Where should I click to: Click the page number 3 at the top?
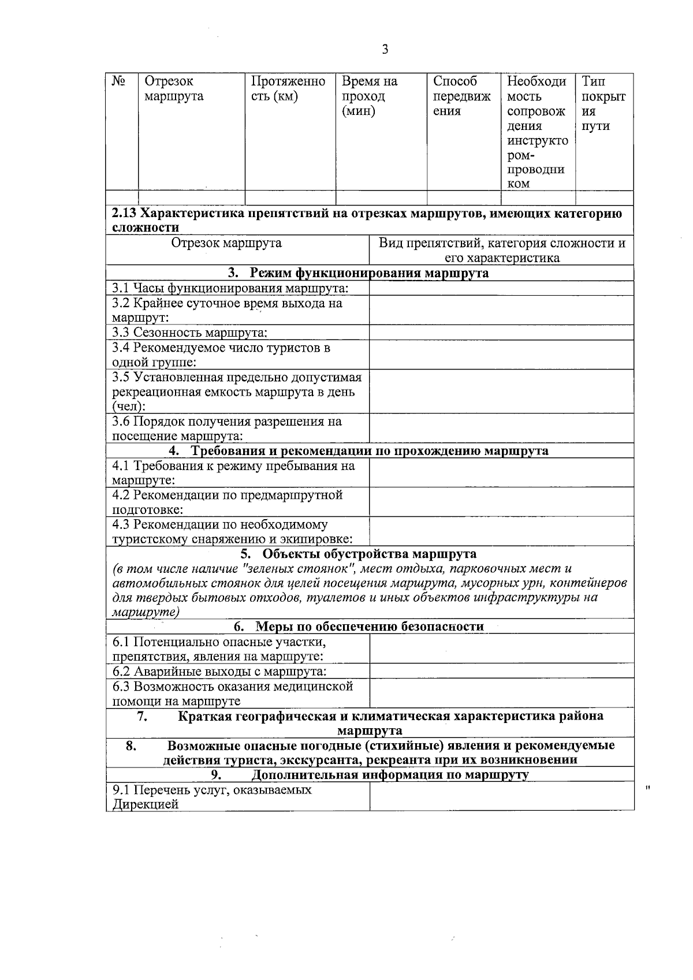pyautogui.click(x=385, y=50)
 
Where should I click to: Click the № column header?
pyautogui.click(x=119, y=81)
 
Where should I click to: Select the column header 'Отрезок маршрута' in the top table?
pyautogui.click(x=174, y=89)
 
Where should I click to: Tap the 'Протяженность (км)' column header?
pyautogui.click(x=288, y=89)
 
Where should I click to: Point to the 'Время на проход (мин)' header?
pyautogui.click(x=370, y=96)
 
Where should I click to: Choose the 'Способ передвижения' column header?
pyautogui.click(x=461, y=96)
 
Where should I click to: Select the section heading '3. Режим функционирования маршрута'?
pyautogui.click(x=358, y=273)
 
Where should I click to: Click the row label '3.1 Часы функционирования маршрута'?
pyautogui.click(x=230, y=288)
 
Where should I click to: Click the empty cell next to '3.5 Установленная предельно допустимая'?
pyautogui.click(x=501, y=392)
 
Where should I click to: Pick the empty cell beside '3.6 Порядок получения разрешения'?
pyautogui.click(x=501, y=428)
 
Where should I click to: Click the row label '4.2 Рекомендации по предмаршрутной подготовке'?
pyautogui.click(x=228, y=502)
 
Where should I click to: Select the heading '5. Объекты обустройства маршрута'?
pyautogui.click(x=358, y=554)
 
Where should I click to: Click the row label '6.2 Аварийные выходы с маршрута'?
pyautogui.click(x=219, y=671)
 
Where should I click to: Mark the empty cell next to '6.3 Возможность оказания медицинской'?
pyautogui.click(x=501, y=694)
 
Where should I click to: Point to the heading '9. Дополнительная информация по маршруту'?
pyautogui.click(x=370, y=774)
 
